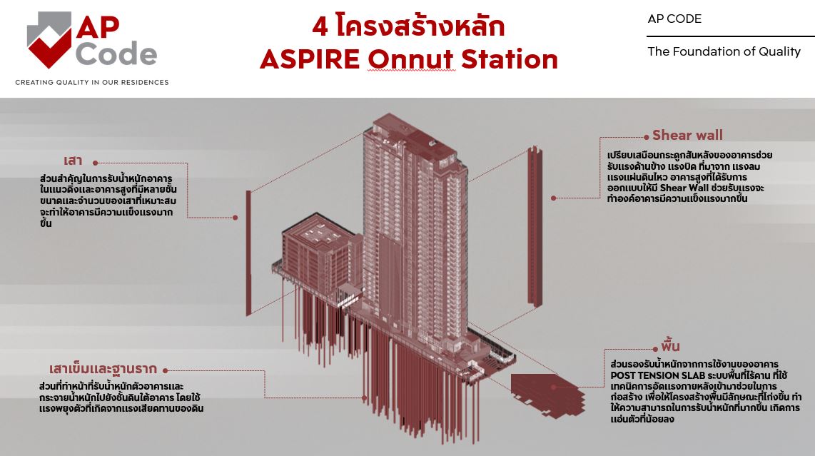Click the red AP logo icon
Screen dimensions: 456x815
(49, 40)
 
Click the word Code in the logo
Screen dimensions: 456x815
(116, 54)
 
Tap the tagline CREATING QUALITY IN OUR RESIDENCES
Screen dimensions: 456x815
(92, 83)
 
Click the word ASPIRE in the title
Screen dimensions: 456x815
(310, 59)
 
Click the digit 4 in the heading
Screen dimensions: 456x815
(320, 26)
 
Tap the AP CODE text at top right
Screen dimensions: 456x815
(674, 19)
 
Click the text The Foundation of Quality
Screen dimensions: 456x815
(724, 51)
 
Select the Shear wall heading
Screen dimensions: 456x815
(687, 135)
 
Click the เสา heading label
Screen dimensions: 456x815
(73, 160)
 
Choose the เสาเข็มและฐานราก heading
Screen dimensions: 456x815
(103, 369)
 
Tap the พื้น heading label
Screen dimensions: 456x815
(670, 346)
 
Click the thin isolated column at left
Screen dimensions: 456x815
(248, 253)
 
